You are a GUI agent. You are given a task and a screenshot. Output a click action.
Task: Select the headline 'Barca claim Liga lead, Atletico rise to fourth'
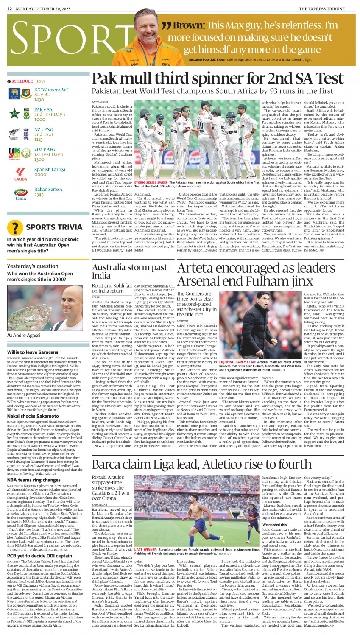[x=195, y=464]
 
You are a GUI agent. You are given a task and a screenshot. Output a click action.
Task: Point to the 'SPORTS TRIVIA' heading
[x=54, y=227]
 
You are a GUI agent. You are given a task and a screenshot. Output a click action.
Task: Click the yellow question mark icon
[x=15, y=228]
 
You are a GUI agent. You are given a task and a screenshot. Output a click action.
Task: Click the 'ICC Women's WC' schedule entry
[x=51, y=90]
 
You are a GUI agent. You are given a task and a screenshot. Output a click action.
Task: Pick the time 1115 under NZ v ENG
[x=39, y=140]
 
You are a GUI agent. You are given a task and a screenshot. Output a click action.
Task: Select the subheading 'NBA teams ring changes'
[x=33, y=480]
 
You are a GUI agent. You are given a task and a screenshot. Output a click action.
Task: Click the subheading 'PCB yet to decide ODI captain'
[x=39, y=555]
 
